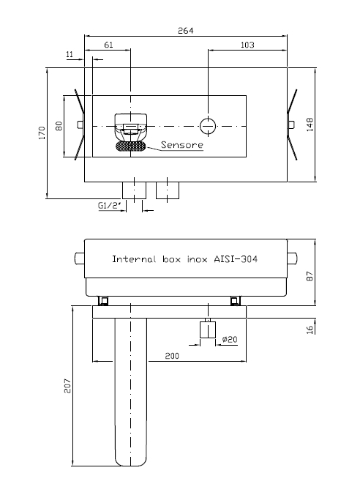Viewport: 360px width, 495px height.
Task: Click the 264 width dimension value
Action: [185, 31]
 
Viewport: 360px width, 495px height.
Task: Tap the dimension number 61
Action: [108, 45]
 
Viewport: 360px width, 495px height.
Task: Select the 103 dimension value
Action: [247, 45]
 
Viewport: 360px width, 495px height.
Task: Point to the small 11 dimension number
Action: [70, 54]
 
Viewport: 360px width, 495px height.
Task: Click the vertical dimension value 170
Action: [42, 133]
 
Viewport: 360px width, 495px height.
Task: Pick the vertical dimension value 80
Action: [59, 126]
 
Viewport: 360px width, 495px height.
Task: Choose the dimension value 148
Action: [310, 124]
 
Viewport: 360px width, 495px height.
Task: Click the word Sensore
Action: [182, 145]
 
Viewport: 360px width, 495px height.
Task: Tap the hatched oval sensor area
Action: [131, 146]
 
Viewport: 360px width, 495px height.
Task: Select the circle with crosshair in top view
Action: [209, 126]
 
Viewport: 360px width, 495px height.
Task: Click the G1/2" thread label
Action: [110, 206]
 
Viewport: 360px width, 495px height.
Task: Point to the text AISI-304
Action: [236, 259]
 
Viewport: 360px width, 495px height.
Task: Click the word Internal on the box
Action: [135, 259]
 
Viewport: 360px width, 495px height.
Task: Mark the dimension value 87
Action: [310, 276]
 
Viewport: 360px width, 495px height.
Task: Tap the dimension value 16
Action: [310, 330]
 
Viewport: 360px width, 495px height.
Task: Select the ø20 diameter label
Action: [230, 339]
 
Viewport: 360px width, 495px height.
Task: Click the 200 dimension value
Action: [172, 356]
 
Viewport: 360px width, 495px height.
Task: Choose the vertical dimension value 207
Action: [67, 386]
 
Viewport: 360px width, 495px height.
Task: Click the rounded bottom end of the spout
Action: [131, 464]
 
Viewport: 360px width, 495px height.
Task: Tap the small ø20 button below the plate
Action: [208, 330]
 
